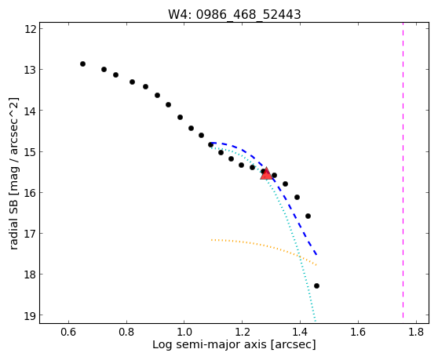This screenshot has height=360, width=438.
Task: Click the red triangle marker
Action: (266, 173)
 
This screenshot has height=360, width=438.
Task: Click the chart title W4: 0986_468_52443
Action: (235, 14)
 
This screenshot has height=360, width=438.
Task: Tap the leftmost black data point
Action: (82, 64)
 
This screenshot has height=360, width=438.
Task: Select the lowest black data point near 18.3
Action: (316, 285)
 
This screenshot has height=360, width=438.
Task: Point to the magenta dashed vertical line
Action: (403, 170)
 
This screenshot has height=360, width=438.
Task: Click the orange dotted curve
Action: (265, 245)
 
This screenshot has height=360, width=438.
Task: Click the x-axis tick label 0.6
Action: (68, 332)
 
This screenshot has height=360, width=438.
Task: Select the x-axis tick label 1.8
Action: (416, 332)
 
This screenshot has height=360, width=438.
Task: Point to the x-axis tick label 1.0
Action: (184, 332)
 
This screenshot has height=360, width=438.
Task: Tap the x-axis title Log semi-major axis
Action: (210, 344)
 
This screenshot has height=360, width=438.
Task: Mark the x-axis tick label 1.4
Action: (301, 332)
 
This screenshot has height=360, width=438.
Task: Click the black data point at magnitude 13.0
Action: (104, 69)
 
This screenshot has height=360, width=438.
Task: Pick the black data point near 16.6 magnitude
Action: (308, 216)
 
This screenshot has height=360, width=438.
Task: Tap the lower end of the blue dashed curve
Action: (316, 255)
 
